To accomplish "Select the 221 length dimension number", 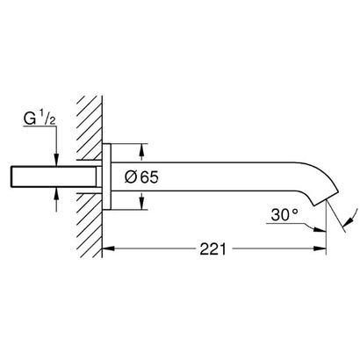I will pos(209,248).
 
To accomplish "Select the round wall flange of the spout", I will pos(107,176).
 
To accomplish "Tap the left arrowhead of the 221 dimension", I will pos(109,249).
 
